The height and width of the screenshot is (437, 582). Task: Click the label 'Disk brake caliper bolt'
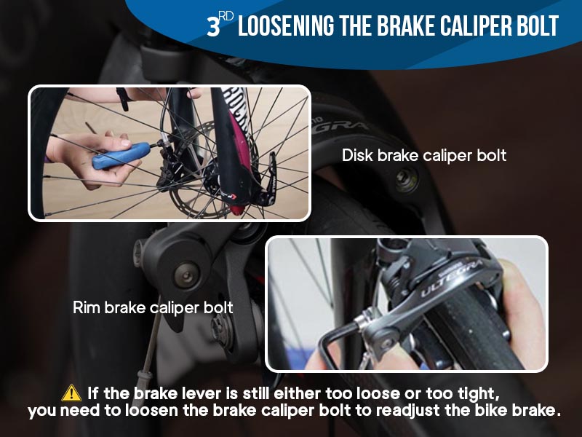pyautogui.click(x=423, y=155)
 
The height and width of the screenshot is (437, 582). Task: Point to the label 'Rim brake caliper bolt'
pyautogui.click(x=153, y=307)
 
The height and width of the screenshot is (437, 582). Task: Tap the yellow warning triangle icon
pyautogui.click(x=71, y=393)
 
